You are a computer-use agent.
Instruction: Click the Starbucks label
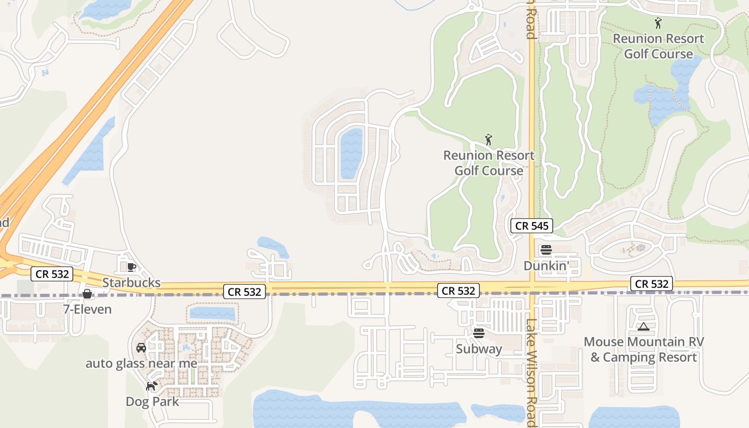pyautogui.click(x=131, y=282)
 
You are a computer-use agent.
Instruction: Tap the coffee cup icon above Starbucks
pyautogui.click(x=131, y=266)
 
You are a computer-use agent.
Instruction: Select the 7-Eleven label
pyautogui.click(x=87, y=309)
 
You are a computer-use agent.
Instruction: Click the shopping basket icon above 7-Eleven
pyautogui.click(x=87, y=294)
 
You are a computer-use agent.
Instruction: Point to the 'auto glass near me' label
pyautogui.click(x=141, y=363)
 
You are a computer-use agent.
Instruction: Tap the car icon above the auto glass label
pyautogui.click(x=141, y=348)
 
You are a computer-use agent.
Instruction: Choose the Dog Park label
pyautogui.click(x=152, y=401)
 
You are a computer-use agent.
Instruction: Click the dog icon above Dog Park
pyautogui.click(x=152, y=386)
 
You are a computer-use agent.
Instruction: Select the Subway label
pyautogui.click(x=479, y=349)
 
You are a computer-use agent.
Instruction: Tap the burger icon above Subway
pyautogui.click(x=479, y=333)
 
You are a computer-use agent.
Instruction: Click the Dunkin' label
pyautogui.click(x=546, y=265)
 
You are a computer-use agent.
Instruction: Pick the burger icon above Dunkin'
pyautogui.click(x=546, y=250)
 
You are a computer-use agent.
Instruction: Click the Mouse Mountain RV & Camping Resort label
pyautogui.click(x=644, y=349)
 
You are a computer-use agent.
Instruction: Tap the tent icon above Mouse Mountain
pyautogui.click(x=643, y=326)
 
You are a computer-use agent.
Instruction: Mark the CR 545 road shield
pyautogui.click(x=531, y=226)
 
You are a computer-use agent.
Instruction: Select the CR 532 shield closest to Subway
pyautogui.click(x=458, y=291)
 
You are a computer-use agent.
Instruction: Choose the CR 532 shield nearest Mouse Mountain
pyautogui.click(x=651, y=284)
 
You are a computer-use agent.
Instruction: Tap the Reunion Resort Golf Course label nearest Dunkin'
pyautogui.click(x=488, y=163)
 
